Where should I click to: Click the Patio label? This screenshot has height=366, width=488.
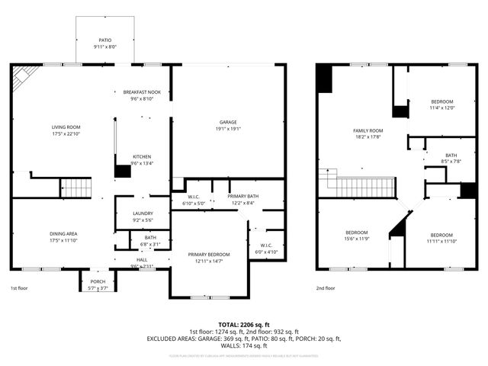(x=104, y=40)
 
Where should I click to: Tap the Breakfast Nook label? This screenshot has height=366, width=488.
(x=142, y=92)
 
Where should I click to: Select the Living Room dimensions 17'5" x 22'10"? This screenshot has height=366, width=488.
(x=66, y=134)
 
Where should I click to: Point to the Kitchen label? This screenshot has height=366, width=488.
(x=142, y=156)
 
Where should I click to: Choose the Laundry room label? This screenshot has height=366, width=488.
(x=142, y=213)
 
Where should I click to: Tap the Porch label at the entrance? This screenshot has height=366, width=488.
(x=98, y=281)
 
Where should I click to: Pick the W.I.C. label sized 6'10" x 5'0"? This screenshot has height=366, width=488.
(x=194, y=197)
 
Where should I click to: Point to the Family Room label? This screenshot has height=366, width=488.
(x=368, y=130)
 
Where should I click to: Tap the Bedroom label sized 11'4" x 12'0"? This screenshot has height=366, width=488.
(x=441, y=102)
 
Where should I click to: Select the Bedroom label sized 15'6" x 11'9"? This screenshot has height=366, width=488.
(x=357, y=233)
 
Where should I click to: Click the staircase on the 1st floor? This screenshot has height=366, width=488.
(x=75, y=187)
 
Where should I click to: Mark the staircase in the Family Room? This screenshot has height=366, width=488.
(x=364, y=187)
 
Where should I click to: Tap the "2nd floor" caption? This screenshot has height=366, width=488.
(x=326, y=288)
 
